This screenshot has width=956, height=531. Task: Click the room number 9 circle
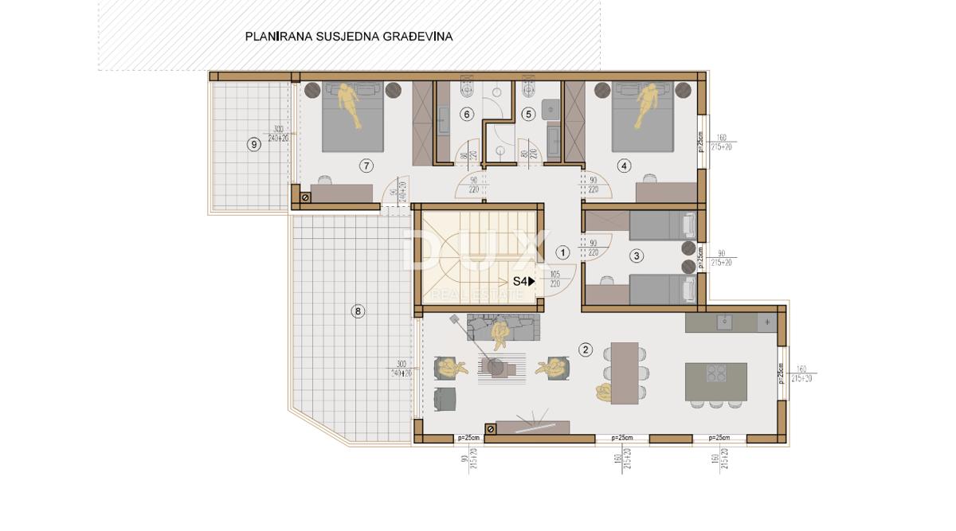[254, 144]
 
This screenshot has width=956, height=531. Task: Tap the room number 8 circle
[358, 311]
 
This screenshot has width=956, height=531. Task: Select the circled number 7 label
[366, 166]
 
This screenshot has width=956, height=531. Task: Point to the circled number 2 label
[586, 349]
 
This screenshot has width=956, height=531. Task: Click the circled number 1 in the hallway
[562, 253]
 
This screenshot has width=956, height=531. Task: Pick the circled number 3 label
[636, 256]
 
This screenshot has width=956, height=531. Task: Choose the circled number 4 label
[624, 166]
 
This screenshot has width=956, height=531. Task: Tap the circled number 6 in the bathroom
[467, 114]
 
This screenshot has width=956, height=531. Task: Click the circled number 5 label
[527, 114]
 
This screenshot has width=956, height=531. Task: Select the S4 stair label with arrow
[523, 281]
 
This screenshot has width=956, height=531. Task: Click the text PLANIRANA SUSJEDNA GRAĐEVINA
[349, 37]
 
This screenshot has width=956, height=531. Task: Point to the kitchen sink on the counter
[724, 322]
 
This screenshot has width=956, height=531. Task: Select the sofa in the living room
[503, 326]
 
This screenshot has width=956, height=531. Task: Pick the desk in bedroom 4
[666, 192]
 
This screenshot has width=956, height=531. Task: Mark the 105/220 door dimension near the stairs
[555, 279]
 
